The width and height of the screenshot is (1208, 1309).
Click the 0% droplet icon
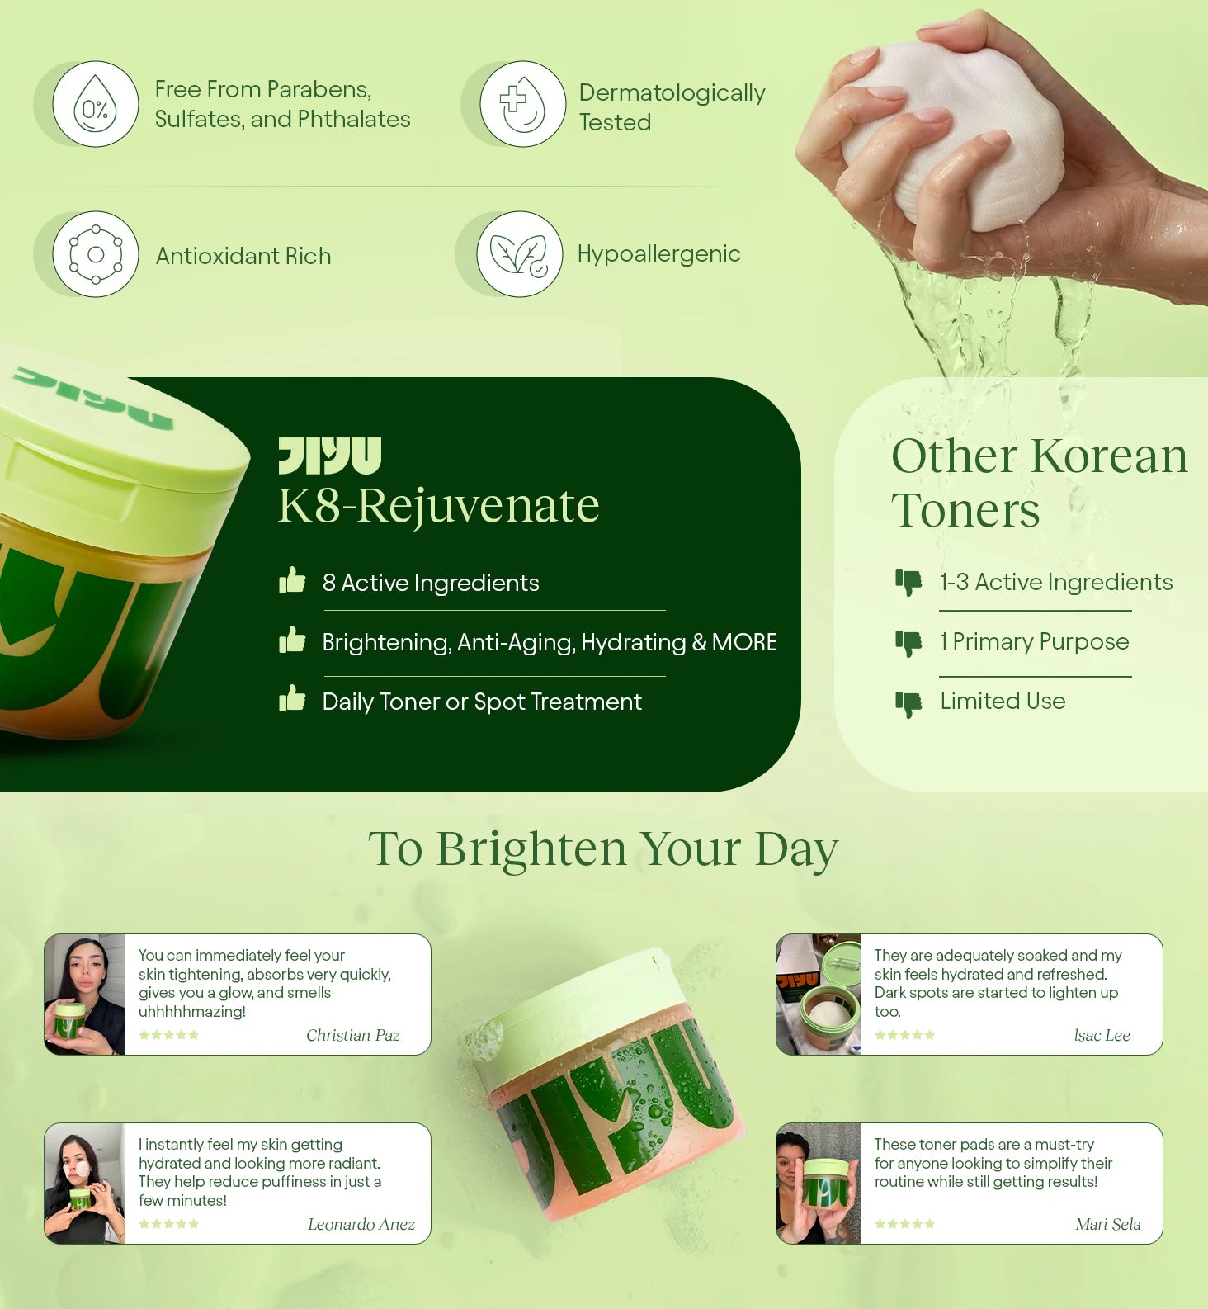[95, 104]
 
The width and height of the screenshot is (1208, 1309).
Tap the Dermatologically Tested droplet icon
[522, 104]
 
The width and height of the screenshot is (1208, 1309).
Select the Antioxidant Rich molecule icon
[96, 254]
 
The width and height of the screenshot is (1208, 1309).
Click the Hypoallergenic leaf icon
[520, 254]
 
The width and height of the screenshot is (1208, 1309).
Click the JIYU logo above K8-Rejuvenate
[330, 456]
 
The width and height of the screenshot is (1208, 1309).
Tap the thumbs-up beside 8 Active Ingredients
[292, 580]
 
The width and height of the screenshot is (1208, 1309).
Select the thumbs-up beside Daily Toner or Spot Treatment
[292, 698]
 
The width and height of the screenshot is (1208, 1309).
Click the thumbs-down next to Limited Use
[908, 704]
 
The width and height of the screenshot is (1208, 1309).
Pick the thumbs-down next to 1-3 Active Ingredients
[908, 583]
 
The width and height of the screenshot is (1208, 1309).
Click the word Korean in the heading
[1109, 456]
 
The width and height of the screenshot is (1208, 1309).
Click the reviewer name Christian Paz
[353, 1035]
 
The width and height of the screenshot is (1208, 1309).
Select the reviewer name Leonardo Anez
[361, 1224]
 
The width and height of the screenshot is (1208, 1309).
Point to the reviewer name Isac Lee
[1102, 1035]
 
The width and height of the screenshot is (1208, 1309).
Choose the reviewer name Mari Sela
[1108, 1224]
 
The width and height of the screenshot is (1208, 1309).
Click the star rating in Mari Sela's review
[905, 1224]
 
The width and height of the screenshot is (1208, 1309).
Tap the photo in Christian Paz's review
[85, 995]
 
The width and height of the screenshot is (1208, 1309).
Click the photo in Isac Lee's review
[819, 995]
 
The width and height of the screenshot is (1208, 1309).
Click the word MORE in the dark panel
[744, 642]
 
